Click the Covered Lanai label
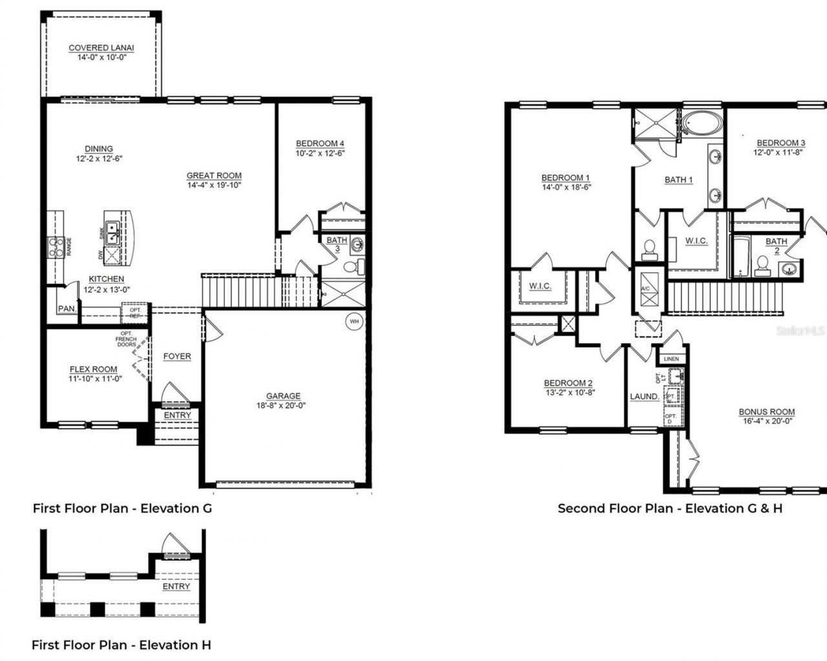click(101, 48)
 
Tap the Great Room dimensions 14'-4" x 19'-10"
click(214, 185)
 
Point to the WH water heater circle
click(354, 321)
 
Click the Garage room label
click(283, 396)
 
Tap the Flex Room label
click(94, 369)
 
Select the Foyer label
click(176, 356)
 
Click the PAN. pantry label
click(67, 310)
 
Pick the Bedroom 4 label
click(320, 143)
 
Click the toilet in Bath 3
click(353, 266)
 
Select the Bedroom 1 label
click(565, 178)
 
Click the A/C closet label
click(645, 288)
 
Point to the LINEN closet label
click(671, 359)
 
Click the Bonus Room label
click(767, 412)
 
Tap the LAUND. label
click(644, 397)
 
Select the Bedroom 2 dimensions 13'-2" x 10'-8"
click(569, 392)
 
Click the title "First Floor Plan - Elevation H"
click(121, 645)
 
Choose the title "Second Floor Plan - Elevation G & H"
click(670, 509)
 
